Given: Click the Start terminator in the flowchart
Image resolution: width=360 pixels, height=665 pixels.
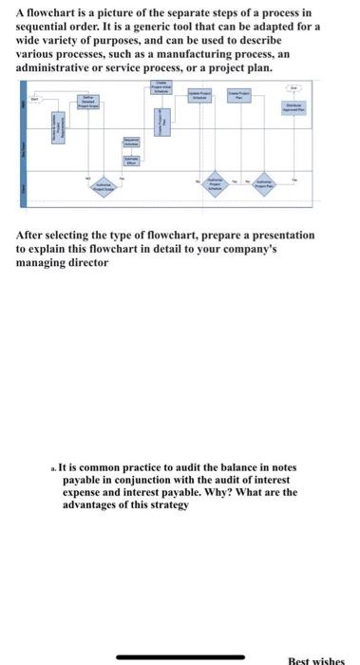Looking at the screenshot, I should coord(37,98).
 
